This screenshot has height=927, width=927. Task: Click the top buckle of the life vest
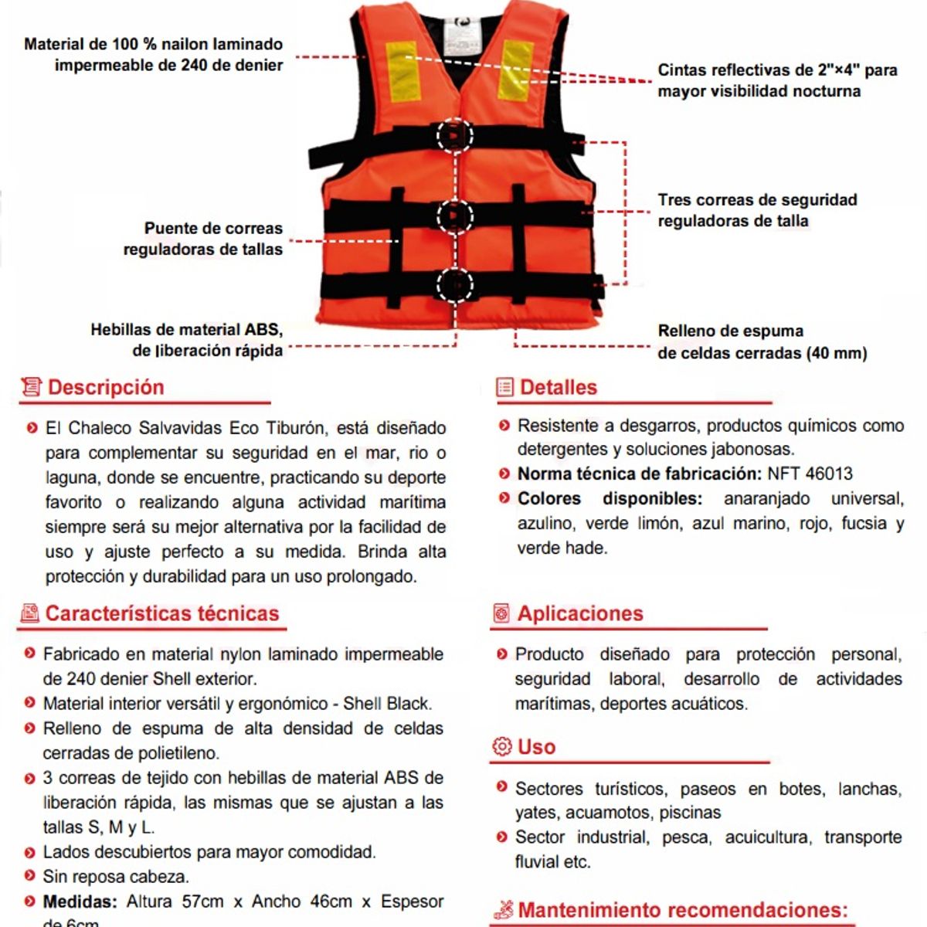(x=455, y=136)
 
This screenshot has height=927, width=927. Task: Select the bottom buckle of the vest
(x=455, y=285)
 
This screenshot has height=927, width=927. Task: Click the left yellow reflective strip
(x=402, y=70)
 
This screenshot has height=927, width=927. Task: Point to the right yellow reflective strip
(x=516, y=70)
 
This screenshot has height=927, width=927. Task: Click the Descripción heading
(x=106, y=387)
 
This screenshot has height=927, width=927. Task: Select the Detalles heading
(x=558, y=387)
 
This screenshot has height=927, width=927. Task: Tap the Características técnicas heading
(x=161, y=613)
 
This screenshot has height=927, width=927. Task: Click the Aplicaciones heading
(x=579, y=613)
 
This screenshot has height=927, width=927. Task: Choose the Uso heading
(x=536, y=747)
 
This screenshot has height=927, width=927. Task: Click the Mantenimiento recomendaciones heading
(x=682, y=909)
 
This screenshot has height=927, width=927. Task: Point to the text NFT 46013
(x=810, y=474)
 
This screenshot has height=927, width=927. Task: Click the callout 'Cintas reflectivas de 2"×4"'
(x=776, y=80)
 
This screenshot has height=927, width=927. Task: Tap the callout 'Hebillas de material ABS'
(x=187, y=340)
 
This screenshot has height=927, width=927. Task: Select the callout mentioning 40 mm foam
(x=762, y=342)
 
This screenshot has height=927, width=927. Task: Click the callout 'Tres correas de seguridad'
(x=757, y=210)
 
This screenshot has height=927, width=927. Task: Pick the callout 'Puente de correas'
(x=203, y=239)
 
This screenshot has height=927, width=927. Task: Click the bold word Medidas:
(x=80, y=902)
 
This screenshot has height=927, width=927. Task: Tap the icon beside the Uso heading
(x=501, y=747)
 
